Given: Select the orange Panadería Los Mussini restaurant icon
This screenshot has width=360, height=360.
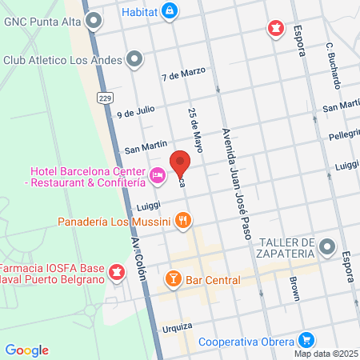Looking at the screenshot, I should [184, 220].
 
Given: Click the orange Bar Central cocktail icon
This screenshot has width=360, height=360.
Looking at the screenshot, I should [172, 280].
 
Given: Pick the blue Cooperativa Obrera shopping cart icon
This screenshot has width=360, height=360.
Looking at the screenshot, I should [305, 340].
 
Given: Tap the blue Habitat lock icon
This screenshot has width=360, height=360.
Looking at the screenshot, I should [169, 11].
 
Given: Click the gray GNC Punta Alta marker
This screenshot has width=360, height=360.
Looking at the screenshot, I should [94, 19].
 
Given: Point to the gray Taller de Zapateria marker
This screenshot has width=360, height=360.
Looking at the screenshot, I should [326, 247].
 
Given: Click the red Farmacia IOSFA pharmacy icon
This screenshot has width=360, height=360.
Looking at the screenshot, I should [118, 274].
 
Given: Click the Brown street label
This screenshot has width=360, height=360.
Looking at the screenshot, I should [294, 289].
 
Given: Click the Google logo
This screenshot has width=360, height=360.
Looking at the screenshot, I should [27, 350].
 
